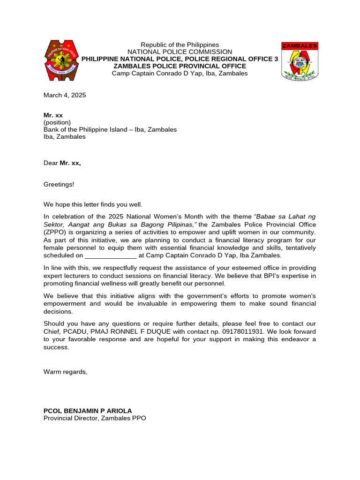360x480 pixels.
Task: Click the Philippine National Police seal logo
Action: (62, 60)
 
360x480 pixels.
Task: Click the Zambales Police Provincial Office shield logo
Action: (300, 61)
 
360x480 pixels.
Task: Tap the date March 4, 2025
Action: (65, 95)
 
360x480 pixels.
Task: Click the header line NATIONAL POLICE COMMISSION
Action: (180, 52)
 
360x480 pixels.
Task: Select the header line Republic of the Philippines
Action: (180, 45)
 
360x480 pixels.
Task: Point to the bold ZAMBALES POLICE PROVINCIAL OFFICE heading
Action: (180, 66)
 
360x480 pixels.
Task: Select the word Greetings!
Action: (59, 184)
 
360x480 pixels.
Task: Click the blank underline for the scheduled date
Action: (111, 255)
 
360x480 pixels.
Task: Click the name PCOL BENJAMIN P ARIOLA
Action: (88, 411)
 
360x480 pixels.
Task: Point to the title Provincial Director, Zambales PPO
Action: (95, 418)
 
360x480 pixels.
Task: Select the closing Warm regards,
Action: (65, 372)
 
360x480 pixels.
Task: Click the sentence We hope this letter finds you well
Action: (93, 204)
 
